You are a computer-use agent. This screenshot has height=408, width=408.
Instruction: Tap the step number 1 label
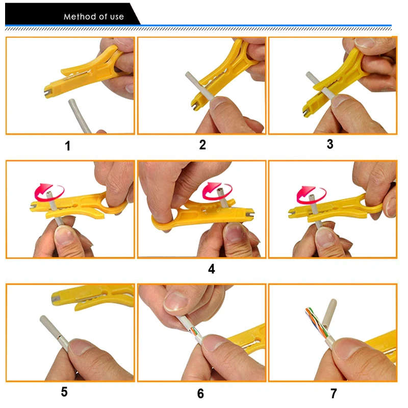[x=67, y=146]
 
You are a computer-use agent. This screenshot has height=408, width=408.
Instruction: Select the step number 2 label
[x=202, y=145]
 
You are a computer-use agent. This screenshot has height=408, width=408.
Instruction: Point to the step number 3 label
[x=330, y=144]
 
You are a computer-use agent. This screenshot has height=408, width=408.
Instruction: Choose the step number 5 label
[x=64, y=392]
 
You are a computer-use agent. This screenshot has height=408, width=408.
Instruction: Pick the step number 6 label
[x=200, y=393]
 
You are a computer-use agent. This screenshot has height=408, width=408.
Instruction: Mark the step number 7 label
[x=334, y=393]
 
